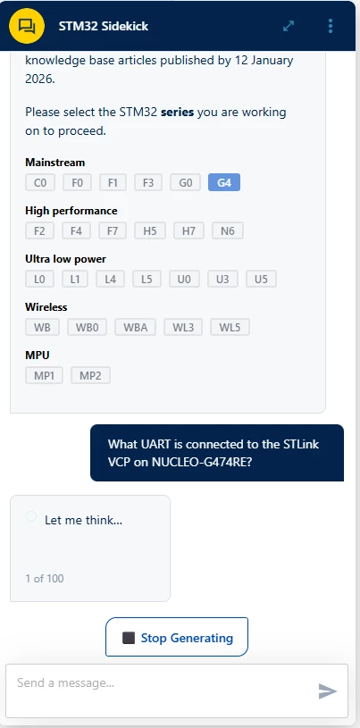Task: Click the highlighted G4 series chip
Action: tap(224, 182)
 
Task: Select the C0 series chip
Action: tap(40, 182)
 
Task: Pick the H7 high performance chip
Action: tap(188, 230)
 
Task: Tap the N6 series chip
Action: tap(228, 230)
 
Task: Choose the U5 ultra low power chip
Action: tap(261, 279)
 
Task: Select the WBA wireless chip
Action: tap(135, 327)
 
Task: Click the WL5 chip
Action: tap(230, 327)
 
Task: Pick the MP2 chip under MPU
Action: tap(90, 375)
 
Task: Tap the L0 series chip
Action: tap(39, 279)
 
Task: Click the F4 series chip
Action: tap(76, 230)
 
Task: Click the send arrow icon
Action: tap(328, 690)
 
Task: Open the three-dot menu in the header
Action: tap(331, 26)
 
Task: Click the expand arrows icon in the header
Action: tap(289, 26)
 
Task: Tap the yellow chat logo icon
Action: tap(27, 26)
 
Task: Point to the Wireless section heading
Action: tap(46, 307)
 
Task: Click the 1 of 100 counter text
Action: tap(45, 579)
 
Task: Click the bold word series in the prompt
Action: tap(178, 113)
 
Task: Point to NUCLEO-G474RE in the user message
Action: tap(202, 463)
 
